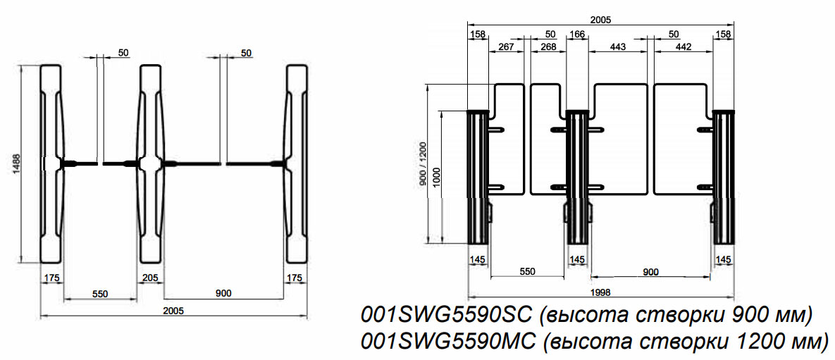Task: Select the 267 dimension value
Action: click(x=507, y=46)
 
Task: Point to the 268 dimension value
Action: click(x=548, y=46)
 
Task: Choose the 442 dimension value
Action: click(x=682, y=46)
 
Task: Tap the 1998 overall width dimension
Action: click(x=600, y=292)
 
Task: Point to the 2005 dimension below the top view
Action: click(x=173, y=311)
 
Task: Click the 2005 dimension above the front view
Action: click(x=601, y=20)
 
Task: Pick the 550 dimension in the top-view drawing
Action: click(x=99, y=294)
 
